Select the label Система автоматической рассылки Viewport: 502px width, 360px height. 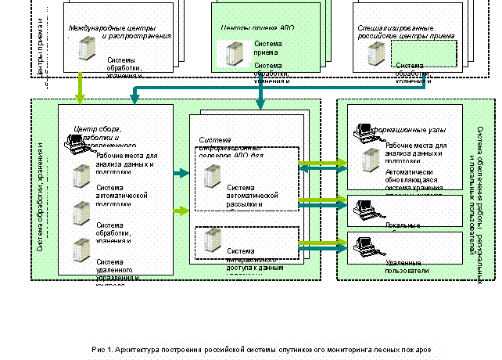click(253, 196)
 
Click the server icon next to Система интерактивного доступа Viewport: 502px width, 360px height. click(210, 239)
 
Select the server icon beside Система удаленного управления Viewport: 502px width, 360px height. click(79, 250)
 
